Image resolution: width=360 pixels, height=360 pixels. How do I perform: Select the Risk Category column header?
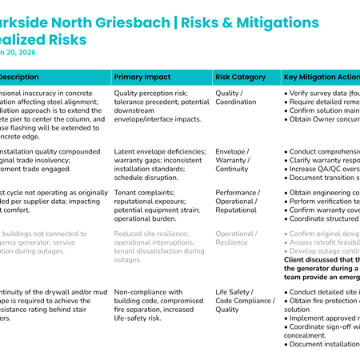(240, 78)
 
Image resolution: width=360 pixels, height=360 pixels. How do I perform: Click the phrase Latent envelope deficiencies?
(158, 150)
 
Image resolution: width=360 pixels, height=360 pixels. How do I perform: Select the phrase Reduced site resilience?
(157, 234)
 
